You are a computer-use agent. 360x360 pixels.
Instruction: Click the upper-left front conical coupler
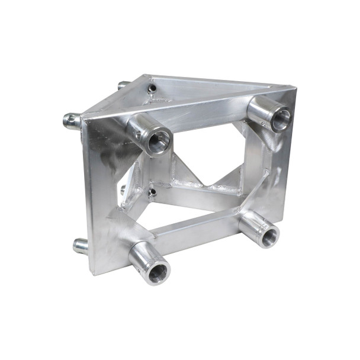pos(152,135)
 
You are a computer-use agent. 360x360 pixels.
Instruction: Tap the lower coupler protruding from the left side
pos(80,245)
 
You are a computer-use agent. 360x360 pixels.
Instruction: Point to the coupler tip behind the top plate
pos(123,85)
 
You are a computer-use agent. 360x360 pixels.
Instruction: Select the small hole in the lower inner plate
pos(152,192)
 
